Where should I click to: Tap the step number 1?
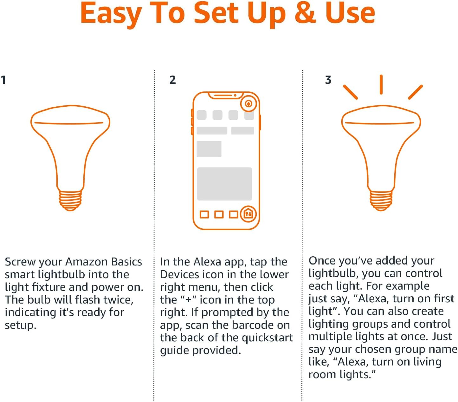[3, 80]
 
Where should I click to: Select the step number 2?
[172, 80]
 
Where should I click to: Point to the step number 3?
[328, 80]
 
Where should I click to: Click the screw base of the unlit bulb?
[70, 200]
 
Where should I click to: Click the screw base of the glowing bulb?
[381, 200]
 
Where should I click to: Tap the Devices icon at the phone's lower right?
[248, 214]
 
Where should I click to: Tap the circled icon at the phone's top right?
[248, 104]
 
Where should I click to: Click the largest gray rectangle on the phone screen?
[224, 184]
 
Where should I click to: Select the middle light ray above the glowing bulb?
[381, 84]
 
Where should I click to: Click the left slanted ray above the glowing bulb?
[351, 92]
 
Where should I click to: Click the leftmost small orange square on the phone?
[204, 214]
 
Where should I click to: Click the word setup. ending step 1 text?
[21, 325]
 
